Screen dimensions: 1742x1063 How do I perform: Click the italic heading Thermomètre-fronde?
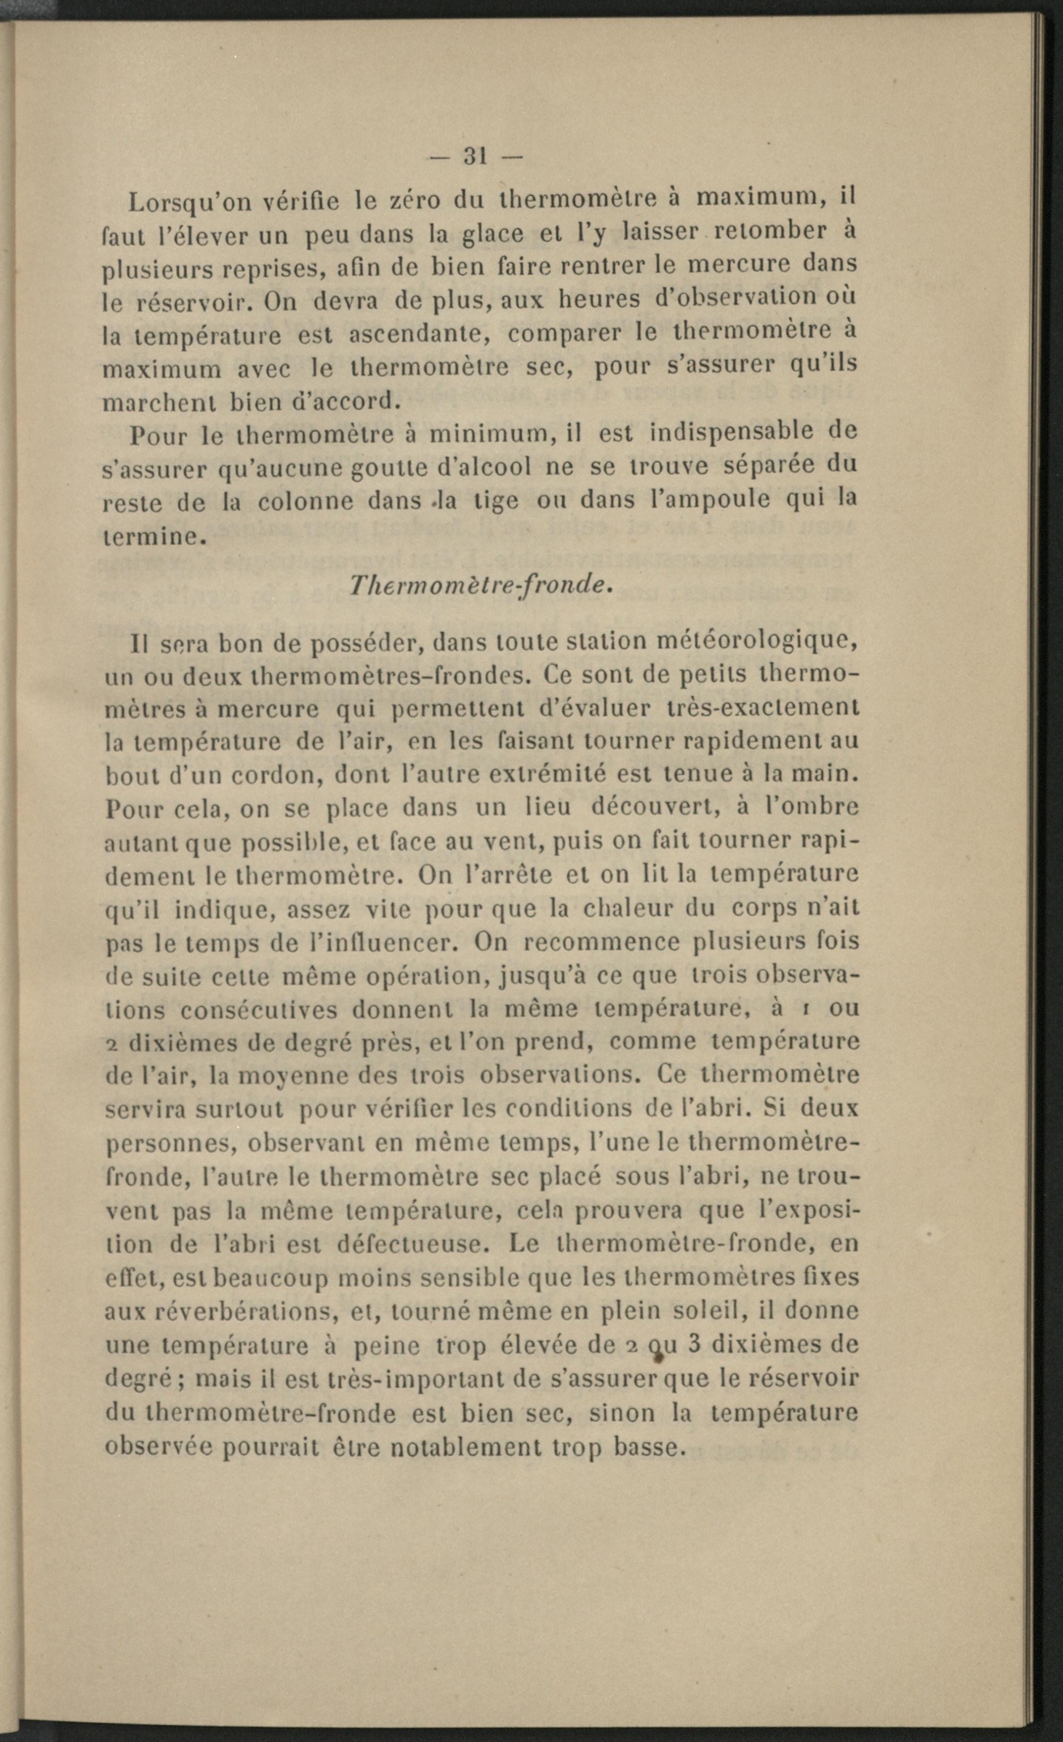point(479,585)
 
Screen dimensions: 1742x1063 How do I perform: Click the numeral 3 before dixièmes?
point(694,1344)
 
